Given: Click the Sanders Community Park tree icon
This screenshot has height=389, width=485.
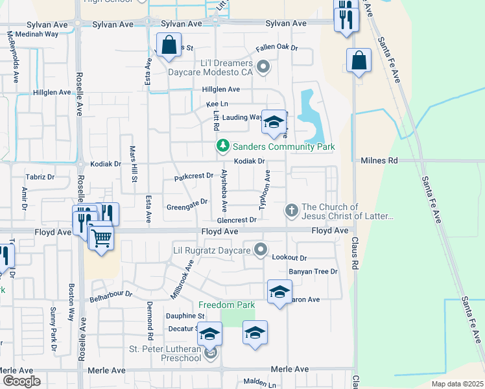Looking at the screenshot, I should (223, 147).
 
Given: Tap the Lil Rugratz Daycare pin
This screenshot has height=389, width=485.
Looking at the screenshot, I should (261, 250).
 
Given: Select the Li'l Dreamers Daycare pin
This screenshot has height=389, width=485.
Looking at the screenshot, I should (263, 66).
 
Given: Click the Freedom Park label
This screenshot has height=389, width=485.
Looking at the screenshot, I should (226, 305).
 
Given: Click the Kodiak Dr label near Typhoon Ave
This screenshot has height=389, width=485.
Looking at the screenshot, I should (250, 161).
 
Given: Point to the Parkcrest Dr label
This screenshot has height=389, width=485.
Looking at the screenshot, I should (194, 176).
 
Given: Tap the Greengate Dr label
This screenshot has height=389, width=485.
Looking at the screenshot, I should (187, 202).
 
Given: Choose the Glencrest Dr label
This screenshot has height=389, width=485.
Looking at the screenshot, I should (237, 220).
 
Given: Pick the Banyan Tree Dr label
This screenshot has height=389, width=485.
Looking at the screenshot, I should (313, 272).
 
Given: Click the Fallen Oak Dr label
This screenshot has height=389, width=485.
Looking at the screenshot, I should (276, 47).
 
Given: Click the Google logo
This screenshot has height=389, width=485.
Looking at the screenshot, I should (21, 381).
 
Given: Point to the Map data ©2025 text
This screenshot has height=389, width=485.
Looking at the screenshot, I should (456, 384).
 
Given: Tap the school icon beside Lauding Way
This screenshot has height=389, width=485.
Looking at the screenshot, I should (274, 123).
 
